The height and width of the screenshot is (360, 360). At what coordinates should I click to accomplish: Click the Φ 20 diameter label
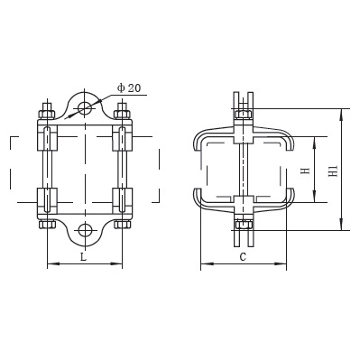pyautogui.click(x=129, y=88)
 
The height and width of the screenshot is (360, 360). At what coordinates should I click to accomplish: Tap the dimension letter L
pyautogui.click(x=84, y=257)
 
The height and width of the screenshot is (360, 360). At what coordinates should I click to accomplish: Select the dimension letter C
pyautogui.click(x=243, y=257)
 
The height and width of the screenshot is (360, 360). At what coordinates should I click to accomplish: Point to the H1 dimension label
pyautogui.click(x=334, y=171)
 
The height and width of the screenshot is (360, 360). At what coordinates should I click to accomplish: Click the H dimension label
pyautogui.click(x=306, y=171)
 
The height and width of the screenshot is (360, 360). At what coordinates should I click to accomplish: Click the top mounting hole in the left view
pyautogui.click(x=85, y=108)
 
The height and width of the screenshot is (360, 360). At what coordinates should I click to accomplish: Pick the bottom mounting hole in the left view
pyautogui.click(x=85, y=230)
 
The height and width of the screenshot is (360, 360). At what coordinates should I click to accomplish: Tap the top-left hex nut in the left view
pyautogui.click(x=47, y=115)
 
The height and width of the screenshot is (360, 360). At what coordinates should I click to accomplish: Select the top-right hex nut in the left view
pyautogui.click(x=122, y=115)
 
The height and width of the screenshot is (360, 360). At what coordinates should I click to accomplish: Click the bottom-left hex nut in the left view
pyautogui.click(x=47, y=225)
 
